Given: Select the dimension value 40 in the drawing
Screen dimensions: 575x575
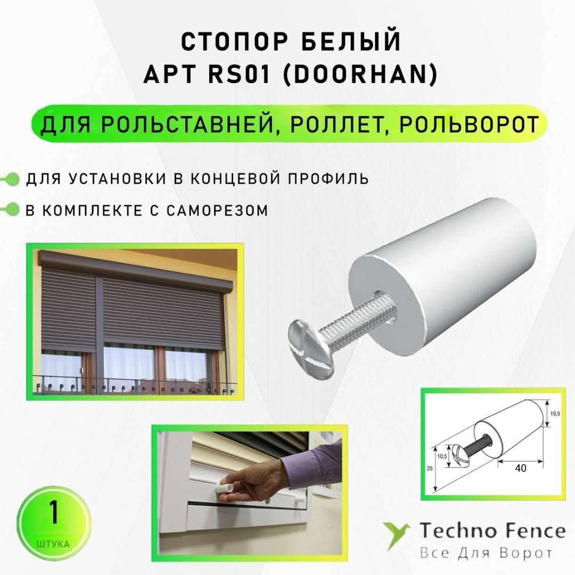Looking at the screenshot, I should [521, 469].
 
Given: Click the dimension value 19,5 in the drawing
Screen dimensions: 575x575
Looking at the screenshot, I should [554, 413].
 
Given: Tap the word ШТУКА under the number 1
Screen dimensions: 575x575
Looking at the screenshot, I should [53, 545].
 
